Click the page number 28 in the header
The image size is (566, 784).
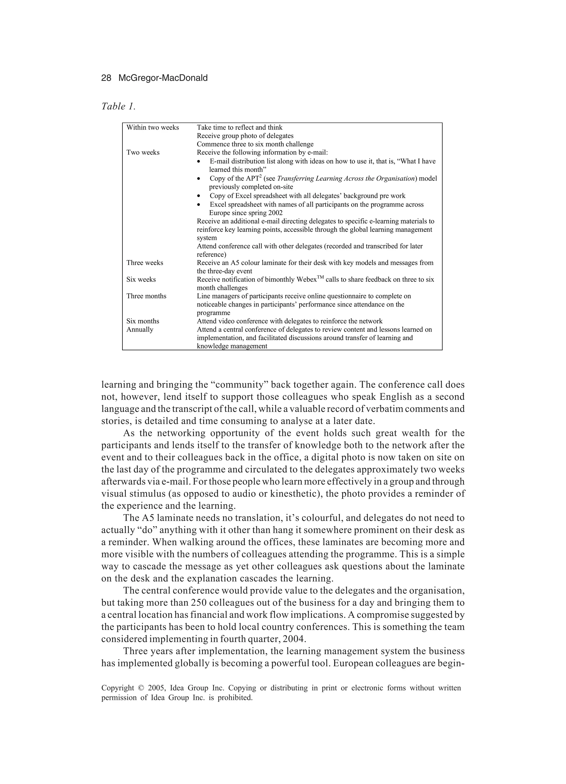click(106, 78)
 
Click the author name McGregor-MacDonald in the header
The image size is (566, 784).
click(163, 78)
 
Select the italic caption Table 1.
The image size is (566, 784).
click(118, 106)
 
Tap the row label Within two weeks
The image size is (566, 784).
click(153, 128)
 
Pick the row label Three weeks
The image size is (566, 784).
click(145, 263)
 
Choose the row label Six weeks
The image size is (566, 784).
click(141, 279)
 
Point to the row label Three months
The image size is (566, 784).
click(146, 296)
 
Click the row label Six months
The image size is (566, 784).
click(143, 321)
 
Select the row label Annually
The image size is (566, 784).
click(140, 329)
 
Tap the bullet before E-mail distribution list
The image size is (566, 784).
click(198, 162)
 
